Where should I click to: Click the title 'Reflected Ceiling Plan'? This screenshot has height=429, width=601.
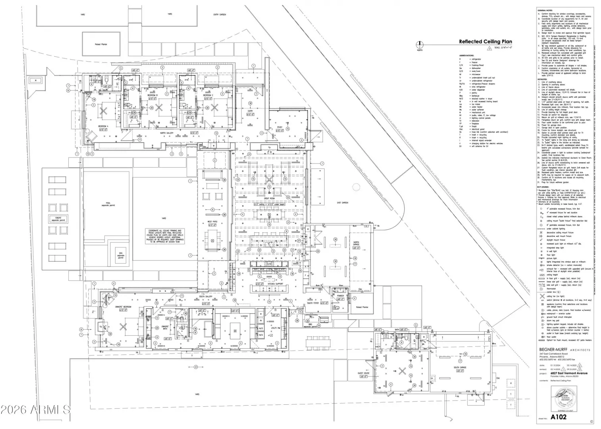point(485,42)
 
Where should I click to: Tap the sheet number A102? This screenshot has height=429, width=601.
point(558,417)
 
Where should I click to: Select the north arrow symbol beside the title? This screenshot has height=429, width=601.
point(420,45)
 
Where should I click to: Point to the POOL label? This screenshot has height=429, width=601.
point(108,203)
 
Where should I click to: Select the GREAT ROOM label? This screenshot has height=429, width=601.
point(270,197)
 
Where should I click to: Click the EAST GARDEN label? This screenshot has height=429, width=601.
point(342,203)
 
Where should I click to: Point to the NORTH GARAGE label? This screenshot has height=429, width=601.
point(356,243)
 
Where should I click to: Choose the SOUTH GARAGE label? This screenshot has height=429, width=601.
point(460,368)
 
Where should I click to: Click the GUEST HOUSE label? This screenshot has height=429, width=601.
point(363,374)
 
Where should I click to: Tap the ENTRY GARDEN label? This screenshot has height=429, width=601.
point(220,15)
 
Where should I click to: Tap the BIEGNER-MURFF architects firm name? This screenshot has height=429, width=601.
point(564,350)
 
